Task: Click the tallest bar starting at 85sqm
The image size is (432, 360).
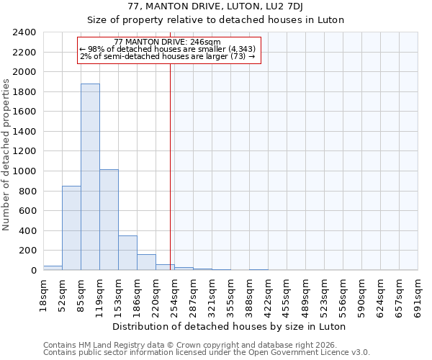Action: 90,176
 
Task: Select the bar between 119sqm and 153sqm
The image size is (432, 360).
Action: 109,220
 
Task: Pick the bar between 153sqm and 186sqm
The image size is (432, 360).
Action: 127,253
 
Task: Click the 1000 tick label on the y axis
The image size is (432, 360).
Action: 26,171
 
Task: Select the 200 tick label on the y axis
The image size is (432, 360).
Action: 29,251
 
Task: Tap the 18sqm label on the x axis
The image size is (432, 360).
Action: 43,293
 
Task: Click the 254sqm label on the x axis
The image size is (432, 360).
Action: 174,293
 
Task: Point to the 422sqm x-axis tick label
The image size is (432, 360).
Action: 268,293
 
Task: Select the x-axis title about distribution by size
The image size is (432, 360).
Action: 230,326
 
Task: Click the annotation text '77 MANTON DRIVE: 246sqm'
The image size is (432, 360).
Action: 167,42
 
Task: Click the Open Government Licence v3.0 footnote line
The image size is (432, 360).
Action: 206,352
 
